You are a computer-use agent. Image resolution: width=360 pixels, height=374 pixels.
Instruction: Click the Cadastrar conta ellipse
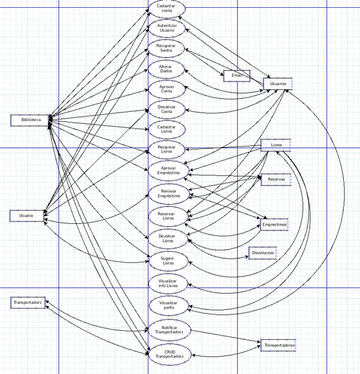pyautogui.click(x=167, y=8)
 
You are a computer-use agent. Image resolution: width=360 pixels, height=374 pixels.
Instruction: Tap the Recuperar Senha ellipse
pyautogui.click(x=167, y=48)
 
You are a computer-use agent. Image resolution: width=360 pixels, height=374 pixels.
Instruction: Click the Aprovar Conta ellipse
pyautogui.click(x=167, y=89)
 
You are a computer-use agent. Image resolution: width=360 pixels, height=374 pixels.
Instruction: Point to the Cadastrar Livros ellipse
pyautogui.click(x=167, y=129)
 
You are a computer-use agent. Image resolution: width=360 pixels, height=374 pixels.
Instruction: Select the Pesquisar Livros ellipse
pyautogui.click(x=167, y=149)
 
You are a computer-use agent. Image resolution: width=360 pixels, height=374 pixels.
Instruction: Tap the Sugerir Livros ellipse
pyautogui.click(x=168, y=261)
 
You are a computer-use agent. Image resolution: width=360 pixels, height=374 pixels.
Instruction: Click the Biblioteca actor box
pyautogui.click(x=28, y=120)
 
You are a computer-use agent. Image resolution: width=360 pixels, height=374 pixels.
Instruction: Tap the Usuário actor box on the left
pyautogui.click(x=27, y=215)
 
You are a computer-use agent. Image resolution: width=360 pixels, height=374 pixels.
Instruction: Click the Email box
pyautogui.click(x=236, y=76)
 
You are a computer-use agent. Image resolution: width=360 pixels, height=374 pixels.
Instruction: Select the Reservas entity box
pyautogui.click(x=276, y=178)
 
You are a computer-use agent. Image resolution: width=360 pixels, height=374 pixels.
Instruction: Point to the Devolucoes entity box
pyautogui.click(x=263, y=253)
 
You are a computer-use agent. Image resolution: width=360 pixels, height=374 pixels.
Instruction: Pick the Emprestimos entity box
pyautogui.click(x=274, y=225)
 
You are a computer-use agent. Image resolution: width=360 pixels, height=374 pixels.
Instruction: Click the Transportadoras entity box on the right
pyautogui.click(x=279, y=346)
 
